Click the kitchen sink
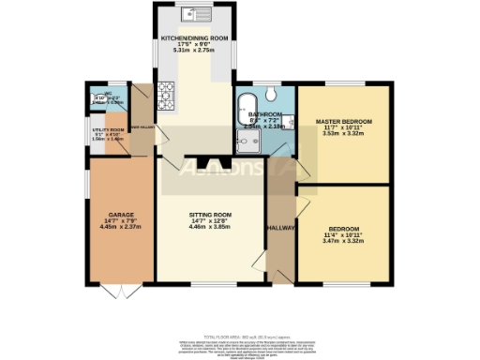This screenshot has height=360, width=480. tap(197, 14)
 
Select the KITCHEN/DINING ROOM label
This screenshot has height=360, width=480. tap(195, 38)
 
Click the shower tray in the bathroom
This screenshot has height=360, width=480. tap(248, 141)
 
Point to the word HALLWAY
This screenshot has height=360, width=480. tap(281, 229)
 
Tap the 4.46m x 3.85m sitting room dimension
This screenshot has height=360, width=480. tap(210, 228)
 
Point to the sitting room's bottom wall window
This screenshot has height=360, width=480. tap(210, 283)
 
